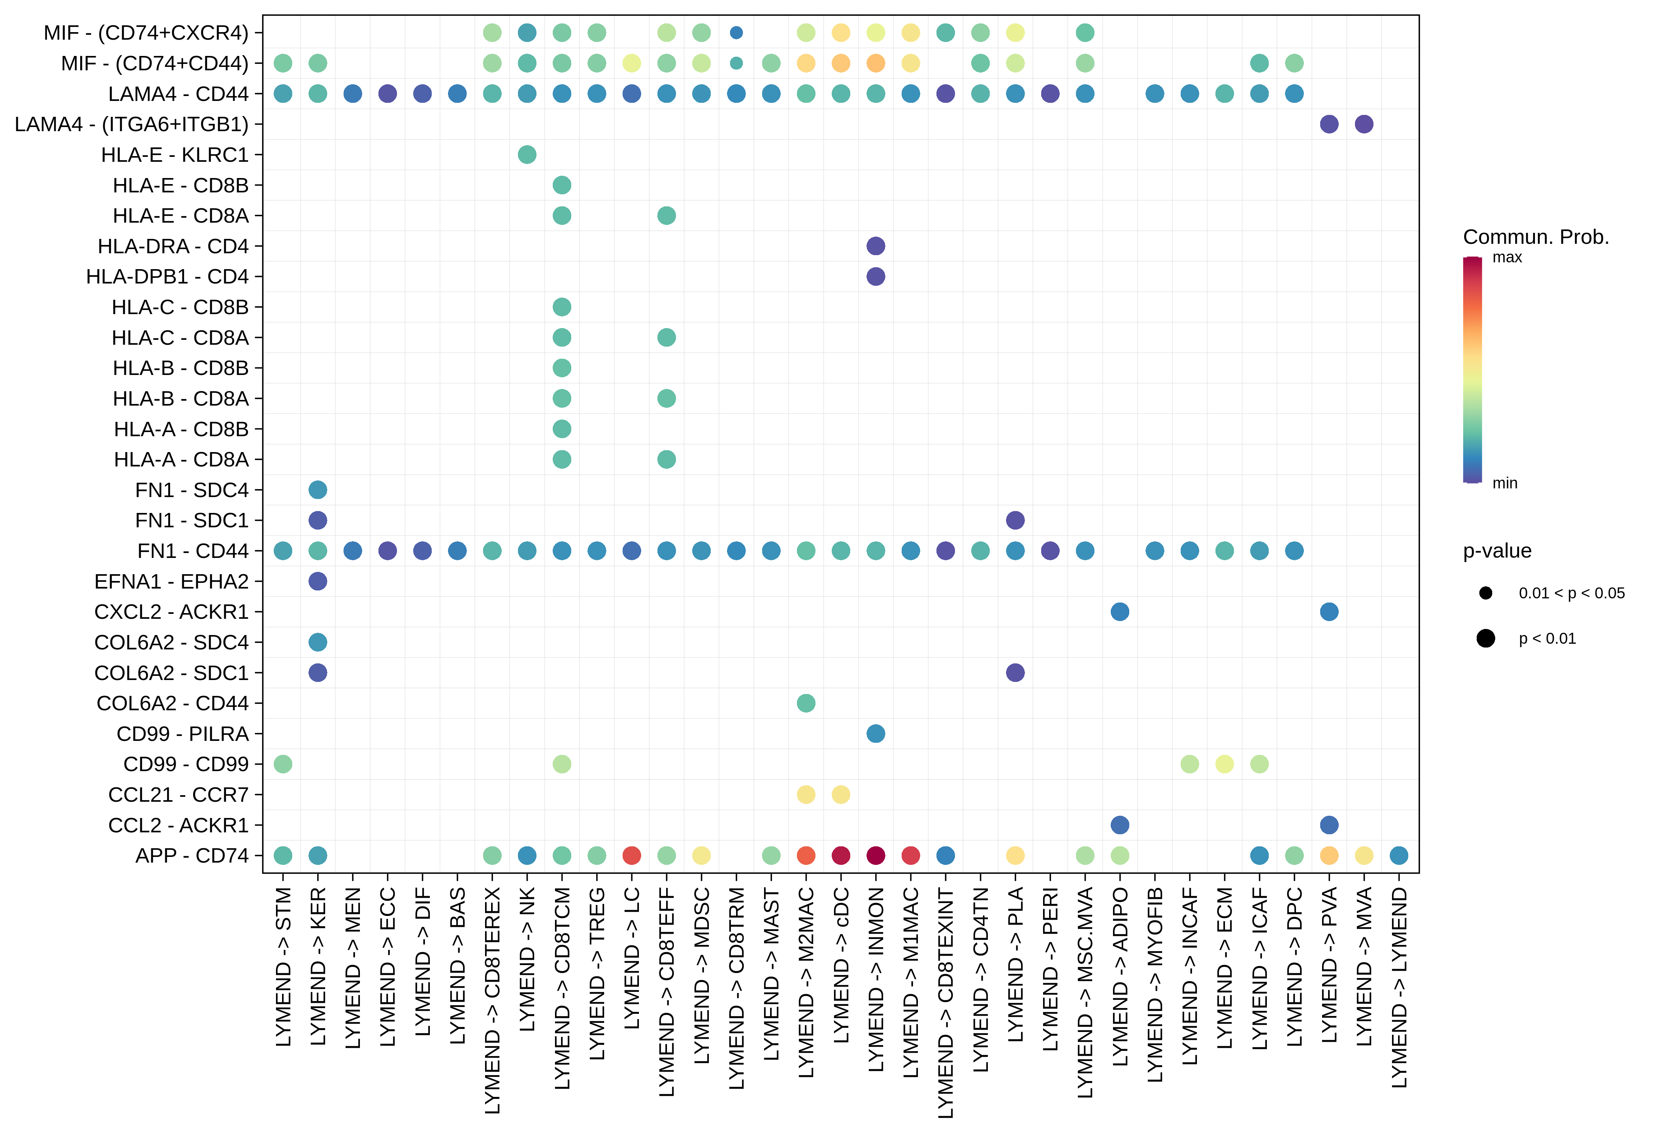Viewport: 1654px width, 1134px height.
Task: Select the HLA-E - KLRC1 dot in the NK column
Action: tap(527, 154)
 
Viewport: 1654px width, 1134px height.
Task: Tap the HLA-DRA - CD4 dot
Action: tap(876, 246)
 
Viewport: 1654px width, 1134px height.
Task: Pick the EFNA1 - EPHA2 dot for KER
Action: tap(318, 581)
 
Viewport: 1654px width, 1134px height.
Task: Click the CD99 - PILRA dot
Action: tap(876, 733)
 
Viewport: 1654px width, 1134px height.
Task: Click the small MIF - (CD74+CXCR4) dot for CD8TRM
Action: tap(736, 33)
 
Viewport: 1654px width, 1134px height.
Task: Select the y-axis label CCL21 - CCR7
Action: tap(178, 795)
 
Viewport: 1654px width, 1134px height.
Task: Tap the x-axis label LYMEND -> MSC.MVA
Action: tap(1085, 992)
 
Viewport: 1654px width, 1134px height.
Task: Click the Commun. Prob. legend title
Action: tap(1536, 237)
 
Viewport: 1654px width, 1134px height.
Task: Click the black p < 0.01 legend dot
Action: tap(1485, 638)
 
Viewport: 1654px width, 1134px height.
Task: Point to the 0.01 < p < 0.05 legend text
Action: tap(1572, 593)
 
